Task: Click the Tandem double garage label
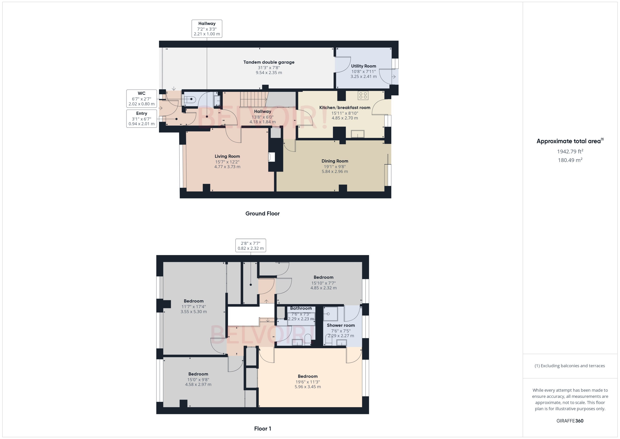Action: tap(269, 62)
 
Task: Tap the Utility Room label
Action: tap(363, 66)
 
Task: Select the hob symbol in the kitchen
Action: tap(363, 95)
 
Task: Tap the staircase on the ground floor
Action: tap(253, 99)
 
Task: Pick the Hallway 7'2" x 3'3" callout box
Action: tap(207, 29)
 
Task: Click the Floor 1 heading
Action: tap(262, 429)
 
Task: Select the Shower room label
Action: tap(340, 325)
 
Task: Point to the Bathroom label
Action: tap(301, 308)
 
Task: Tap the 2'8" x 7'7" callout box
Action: tap(250, 245)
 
